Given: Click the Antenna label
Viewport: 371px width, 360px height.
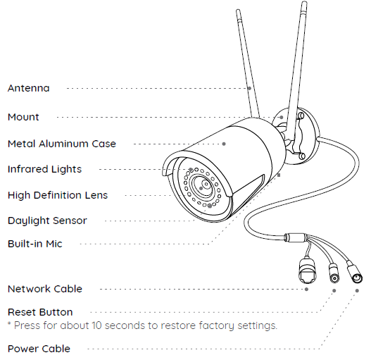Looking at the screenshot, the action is pos(29,88).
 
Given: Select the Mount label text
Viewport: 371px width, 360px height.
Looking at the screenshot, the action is pos(23,117).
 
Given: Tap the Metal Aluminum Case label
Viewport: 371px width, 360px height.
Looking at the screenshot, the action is pos(62,144).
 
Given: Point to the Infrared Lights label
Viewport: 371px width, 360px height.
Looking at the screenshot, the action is pos(44,169).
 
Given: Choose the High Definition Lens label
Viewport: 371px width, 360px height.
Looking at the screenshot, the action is pos(58,195).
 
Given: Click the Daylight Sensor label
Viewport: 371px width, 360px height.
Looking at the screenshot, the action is pos(47,221).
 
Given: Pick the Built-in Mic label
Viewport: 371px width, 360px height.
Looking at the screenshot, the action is pos(35,244).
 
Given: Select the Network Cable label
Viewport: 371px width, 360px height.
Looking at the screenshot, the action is pos(45,289).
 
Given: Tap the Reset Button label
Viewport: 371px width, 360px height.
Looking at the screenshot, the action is pos(40,312).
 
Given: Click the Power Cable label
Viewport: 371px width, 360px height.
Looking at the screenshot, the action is pos(39,349).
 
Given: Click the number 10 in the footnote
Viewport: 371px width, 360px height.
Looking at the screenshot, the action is pos(96,325).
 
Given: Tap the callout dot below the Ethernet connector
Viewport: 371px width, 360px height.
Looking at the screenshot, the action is pos(307,289).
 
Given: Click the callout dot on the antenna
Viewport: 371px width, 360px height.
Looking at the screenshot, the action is pos(249,88).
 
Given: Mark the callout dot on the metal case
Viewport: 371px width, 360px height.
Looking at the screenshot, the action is pos(224,144).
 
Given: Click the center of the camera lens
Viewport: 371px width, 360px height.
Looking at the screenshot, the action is pos(206,184).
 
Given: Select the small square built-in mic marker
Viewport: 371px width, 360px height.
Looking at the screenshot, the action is pos(279,175).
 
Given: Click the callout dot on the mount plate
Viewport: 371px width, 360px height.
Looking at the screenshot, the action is pos(282,117).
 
